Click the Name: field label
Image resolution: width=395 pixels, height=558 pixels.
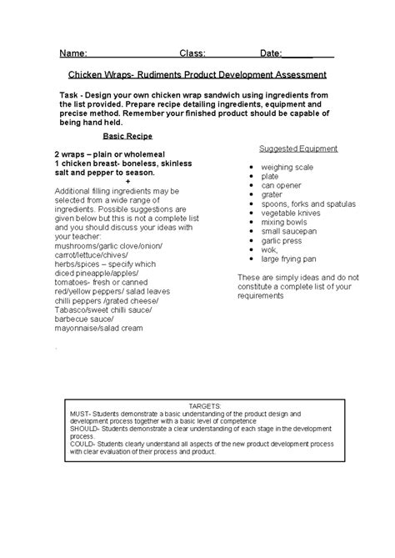[x=74, y=53]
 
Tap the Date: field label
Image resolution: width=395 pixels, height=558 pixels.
[x=271, y=53]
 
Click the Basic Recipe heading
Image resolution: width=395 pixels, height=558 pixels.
[x=127, y=135]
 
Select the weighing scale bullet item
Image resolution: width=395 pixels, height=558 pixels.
[x=287, y=168]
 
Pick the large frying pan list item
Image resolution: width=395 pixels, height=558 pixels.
[x=290, y=258]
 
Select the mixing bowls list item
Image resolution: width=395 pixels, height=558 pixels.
[x=282, y=221]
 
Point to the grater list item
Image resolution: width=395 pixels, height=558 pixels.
[x=272, y=194]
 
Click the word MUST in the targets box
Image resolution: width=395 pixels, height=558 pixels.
[x=80, y=413]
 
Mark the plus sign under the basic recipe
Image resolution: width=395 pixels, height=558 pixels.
[x=127, y=181]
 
